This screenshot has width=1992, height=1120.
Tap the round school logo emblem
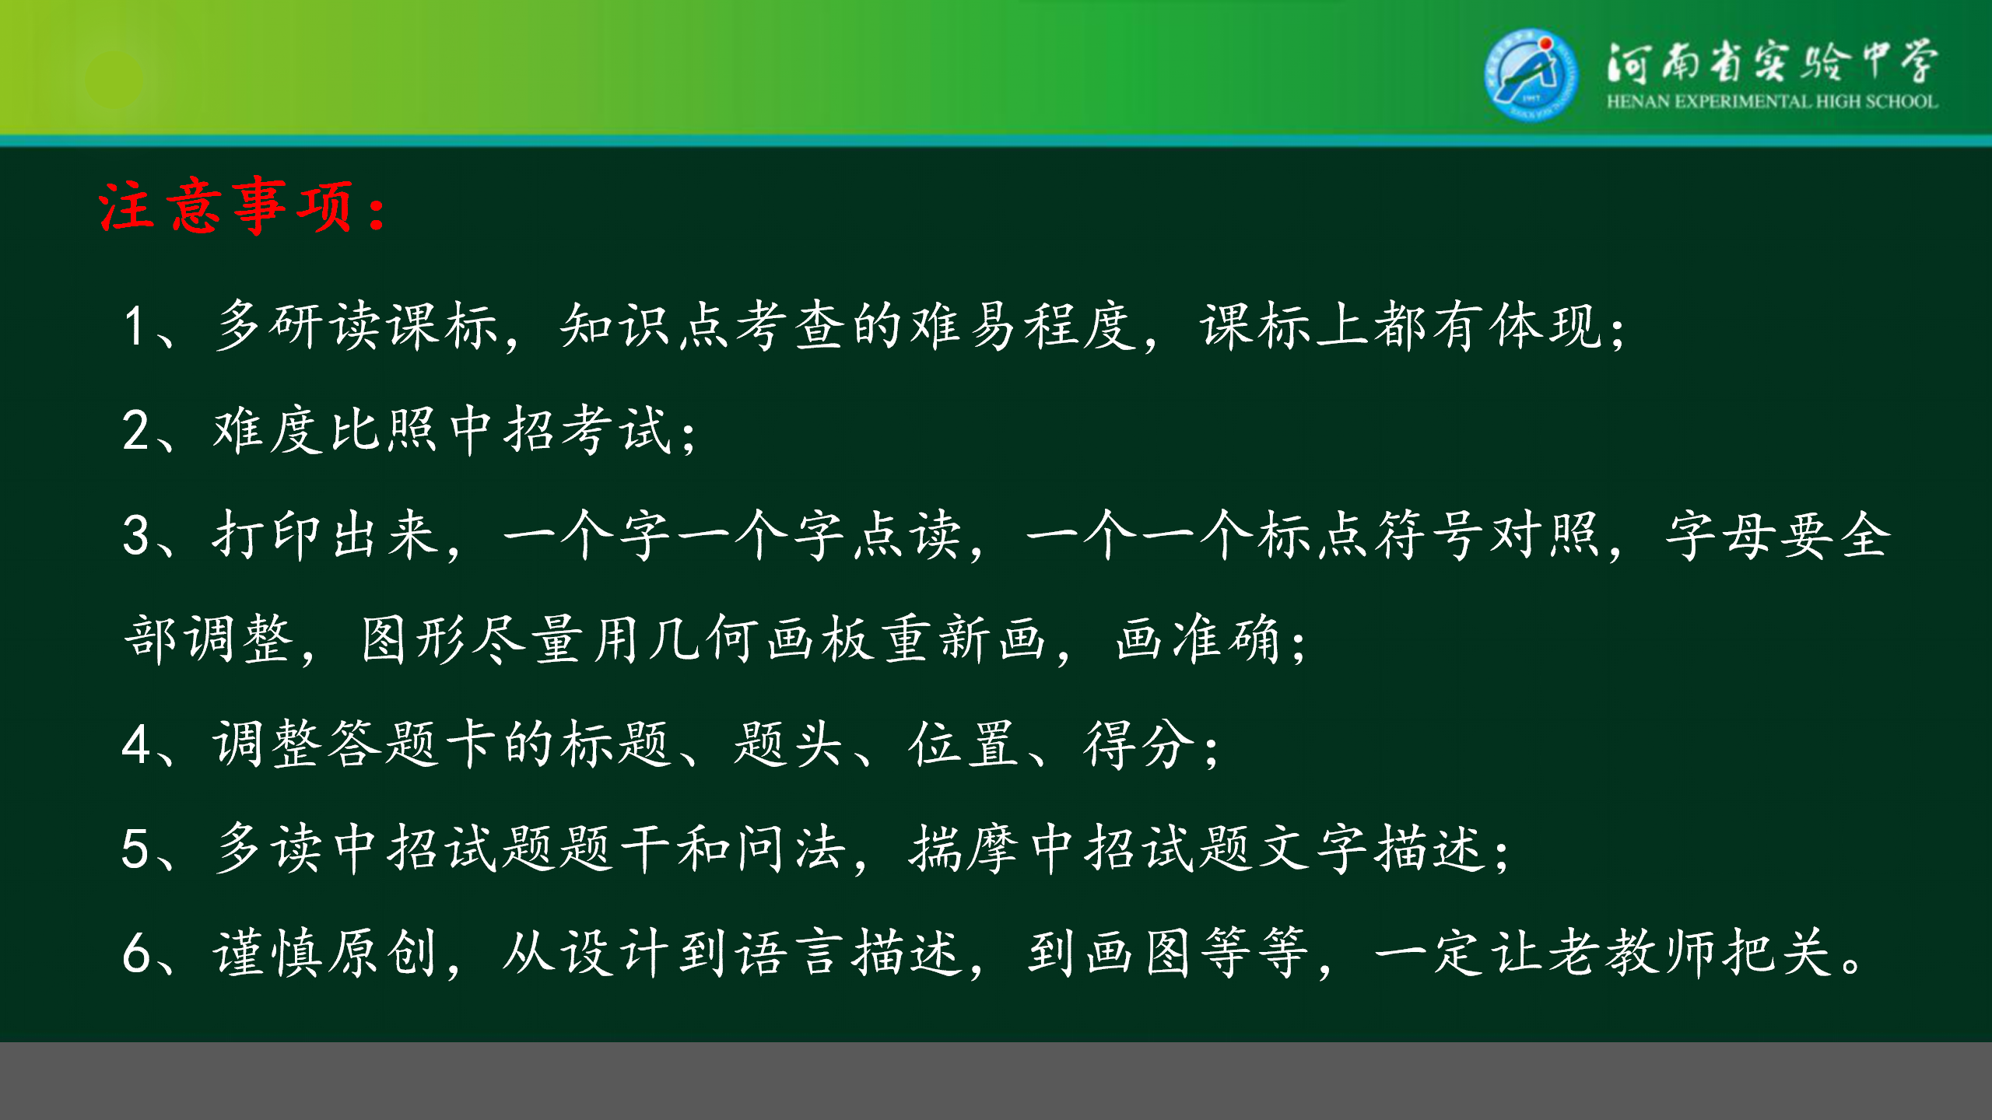[x=1531, y=74]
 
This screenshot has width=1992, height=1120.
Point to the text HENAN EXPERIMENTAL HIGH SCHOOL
[x=1772, y=101]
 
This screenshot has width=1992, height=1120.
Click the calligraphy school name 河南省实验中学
[x=1772, y=61]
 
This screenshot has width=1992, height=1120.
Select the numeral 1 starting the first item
[x=134, y=326]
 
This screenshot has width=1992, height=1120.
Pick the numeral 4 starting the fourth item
[x=135, y=744]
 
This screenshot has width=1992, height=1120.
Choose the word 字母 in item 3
[x=1720, y=535]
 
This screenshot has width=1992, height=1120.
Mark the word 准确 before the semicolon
[x=1226, y=639]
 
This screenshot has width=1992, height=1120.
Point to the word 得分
[x=1140, y=744]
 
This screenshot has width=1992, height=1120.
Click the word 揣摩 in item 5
[x=965, y=849]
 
